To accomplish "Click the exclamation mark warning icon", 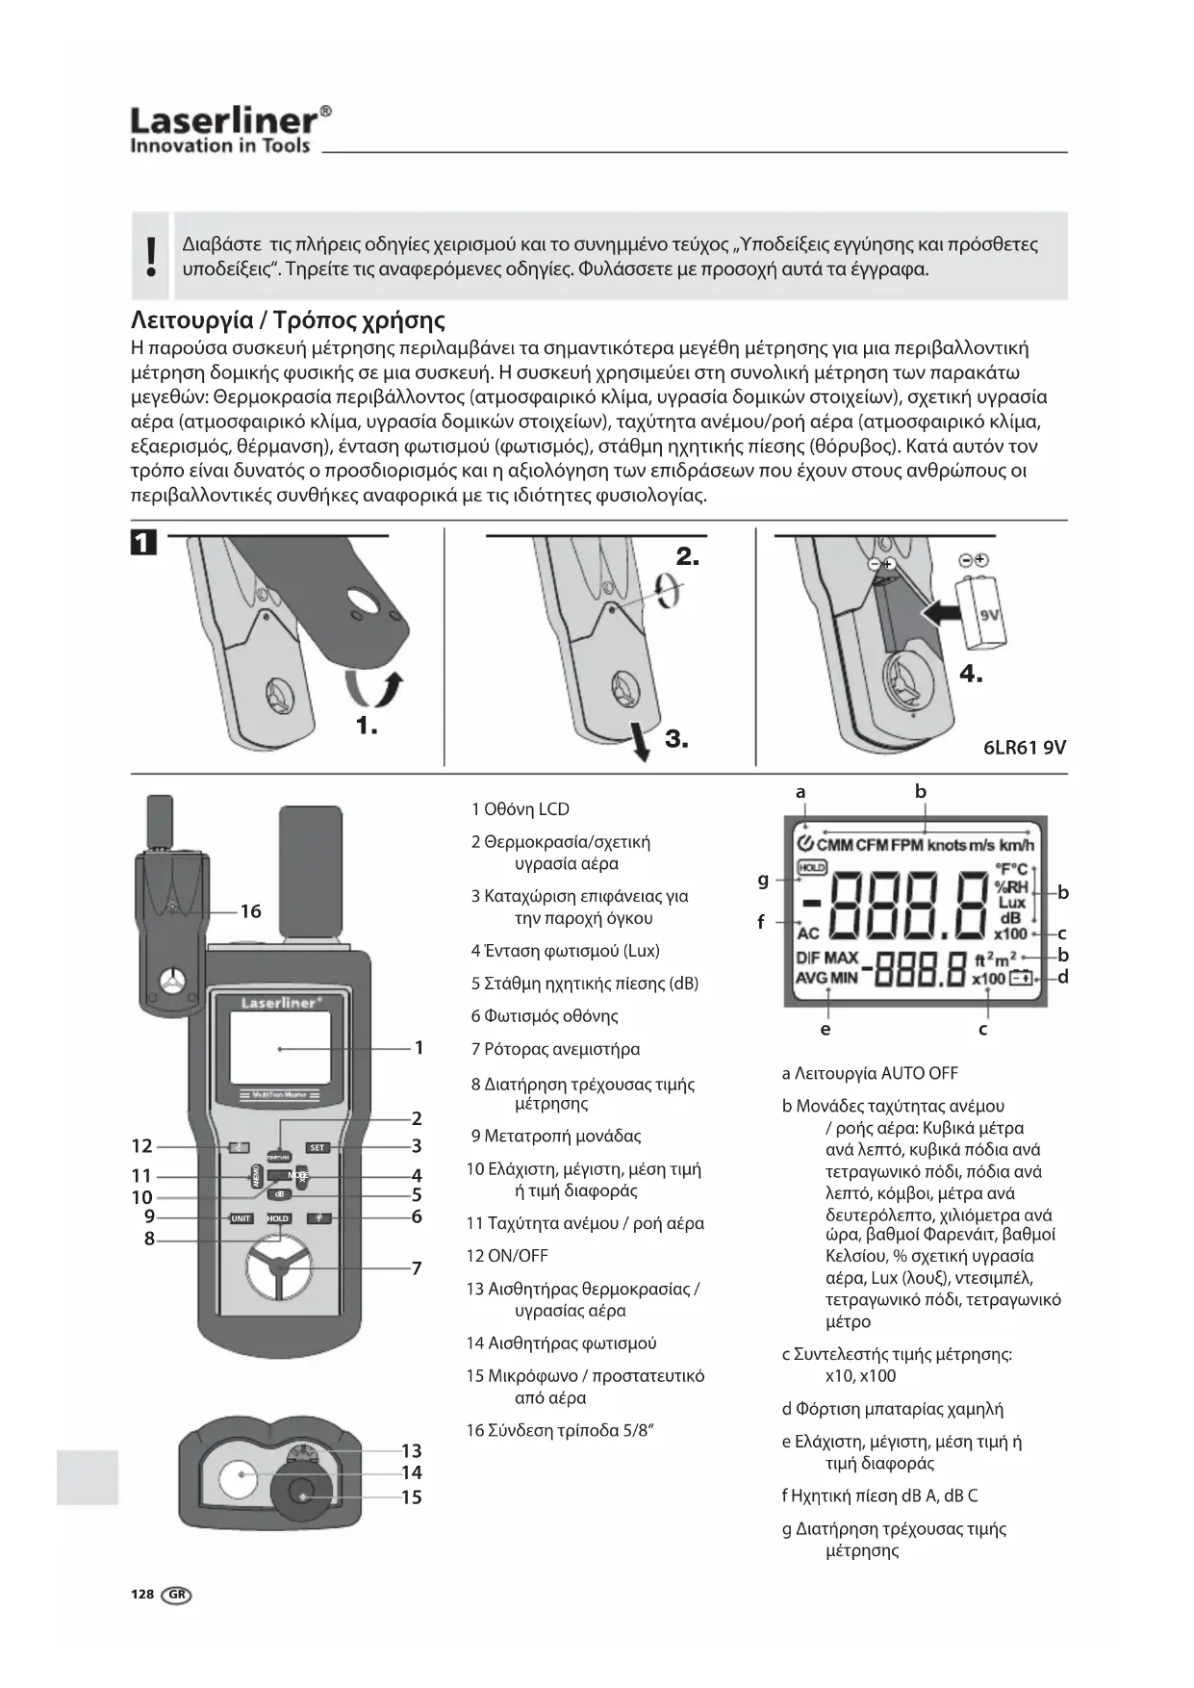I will (150, 256).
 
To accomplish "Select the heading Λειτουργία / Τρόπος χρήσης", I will (288, 320).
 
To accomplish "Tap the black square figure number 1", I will (142, 543).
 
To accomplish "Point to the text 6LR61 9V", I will (1025, 748).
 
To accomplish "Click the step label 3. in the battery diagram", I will (676, 739).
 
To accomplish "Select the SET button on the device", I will (318, 1147).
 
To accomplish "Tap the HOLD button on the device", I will (278, 1218).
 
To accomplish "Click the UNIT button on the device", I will (241, 1218).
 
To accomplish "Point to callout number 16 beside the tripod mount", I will (250, 910).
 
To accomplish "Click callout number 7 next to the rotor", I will (417, 1268).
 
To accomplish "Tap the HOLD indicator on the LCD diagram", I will (813, 867).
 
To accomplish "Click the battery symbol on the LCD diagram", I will (1021, 979).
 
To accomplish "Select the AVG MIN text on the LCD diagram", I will (826, 978).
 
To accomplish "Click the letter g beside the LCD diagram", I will (763, 878).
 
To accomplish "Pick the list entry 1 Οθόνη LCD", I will (521, 809).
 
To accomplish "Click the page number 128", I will (142, 1594).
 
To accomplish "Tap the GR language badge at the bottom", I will (177, 1595).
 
